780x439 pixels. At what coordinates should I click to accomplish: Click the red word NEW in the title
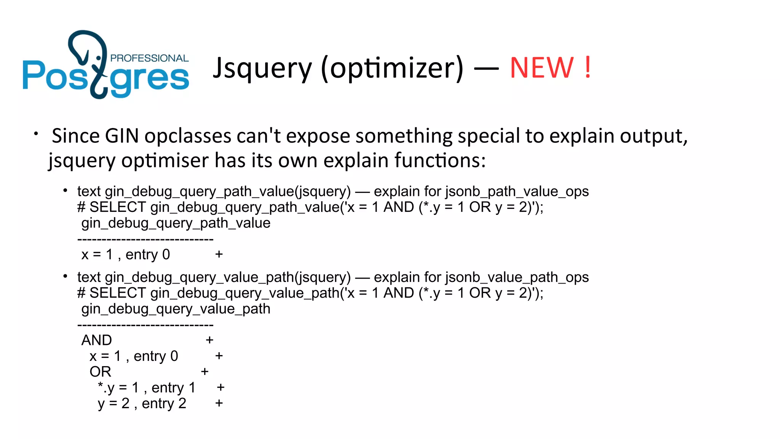point(542,68)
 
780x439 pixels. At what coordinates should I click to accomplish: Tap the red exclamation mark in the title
point(588,68)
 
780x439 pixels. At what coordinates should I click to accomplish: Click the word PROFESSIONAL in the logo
point(149,58)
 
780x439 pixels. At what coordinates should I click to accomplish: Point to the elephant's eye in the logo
point(99,58)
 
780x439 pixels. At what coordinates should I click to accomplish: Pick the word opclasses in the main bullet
point(188,136)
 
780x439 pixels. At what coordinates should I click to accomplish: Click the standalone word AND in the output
point(97,340)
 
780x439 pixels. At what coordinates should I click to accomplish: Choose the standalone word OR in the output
point(100,372)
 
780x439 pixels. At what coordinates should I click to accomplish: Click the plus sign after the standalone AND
point(209,340)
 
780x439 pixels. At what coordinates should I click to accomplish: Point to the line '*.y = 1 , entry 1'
point(147,388)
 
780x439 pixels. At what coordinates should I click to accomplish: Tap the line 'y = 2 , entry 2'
point(142,404)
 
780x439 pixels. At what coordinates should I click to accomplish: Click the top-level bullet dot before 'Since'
point(36,134)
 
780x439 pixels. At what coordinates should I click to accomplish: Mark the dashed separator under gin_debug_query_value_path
point(145,325)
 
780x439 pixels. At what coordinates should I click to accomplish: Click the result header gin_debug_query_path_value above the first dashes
point(176,223)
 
